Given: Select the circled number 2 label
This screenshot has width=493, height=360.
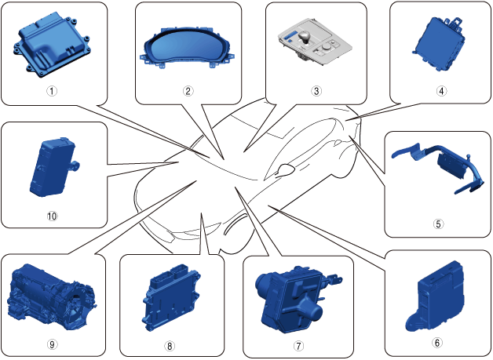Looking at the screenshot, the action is point(188,90).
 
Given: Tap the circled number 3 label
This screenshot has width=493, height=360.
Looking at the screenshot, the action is point(316,90).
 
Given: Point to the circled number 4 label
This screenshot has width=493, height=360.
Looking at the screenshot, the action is point(441,90).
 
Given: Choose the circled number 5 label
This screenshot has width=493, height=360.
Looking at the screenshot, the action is point(439,223).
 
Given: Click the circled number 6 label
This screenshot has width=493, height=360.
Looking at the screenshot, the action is point(437,342).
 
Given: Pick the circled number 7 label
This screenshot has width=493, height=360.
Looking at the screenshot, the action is point(298,345).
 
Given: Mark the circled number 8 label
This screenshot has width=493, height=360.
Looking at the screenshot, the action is point(169,344).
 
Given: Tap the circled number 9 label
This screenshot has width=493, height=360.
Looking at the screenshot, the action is point(52,344).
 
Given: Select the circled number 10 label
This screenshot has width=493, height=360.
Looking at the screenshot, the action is point(53,213).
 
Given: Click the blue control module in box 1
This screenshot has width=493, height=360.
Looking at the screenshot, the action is point(50,49).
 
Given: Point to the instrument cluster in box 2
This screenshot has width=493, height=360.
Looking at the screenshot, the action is point(188,52).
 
